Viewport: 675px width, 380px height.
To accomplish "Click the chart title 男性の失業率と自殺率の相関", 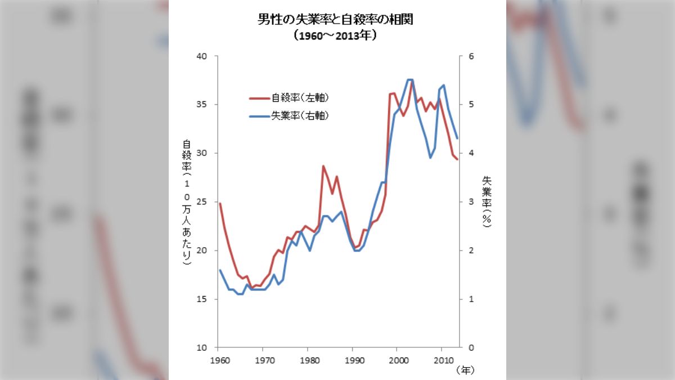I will point(337,21).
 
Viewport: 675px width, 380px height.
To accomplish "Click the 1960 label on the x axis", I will point(218,359).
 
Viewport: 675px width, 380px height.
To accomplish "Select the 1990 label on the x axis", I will point(353,359).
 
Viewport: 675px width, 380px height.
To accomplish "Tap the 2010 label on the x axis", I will point(442,359).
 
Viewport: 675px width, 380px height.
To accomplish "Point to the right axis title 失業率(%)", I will point(487,202).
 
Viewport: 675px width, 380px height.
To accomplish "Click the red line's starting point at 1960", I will point(219,203).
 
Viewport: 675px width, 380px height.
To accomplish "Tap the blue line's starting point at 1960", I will point(219,270).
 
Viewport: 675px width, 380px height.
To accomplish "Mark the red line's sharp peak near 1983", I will point(323,166).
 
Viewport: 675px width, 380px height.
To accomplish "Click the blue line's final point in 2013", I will point(457,138).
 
